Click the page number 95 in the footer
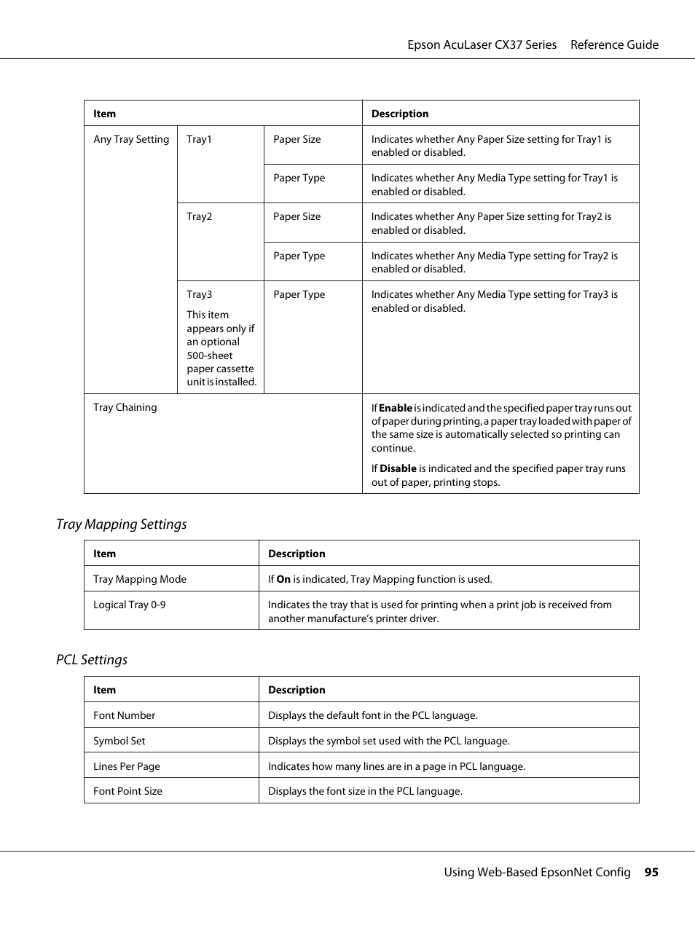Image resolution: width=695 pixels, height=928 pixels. pos(651,872)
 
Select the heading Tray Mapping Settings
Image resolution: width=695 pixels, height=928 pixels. pos(122,524)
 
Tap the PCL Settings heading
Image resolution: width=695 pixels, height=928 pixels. pos(92,660)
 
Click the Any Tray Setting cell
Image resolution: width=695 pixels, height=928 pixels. pos(131,139)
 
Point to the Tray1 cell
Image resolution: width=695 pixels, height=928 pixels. pos(199,139)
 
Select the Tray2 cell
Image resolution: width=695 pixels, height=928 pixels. pos(199,216)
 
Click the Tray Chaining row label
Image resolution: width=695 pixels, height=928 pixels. pos(125,407)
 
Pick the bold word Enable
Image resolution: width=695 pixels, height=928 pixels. pos(396,408)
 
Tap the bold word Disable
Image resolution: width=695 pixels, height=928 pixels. pos(398,468)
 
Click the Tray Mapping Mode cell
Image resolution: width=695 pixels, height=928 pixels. pos(140,579)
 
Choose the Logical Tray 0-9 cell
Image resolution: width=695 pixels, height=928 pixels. pos(130,605)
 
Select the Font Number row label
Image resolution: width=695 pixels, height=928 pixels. pos(125,715)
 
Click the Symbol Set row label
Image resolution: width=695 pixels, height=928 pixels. pos(119,741)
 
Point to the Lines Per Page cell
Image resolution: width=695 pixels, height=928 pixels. pos(127,766)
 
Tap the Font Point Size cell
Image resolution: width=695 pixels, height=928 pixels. pos(128,791)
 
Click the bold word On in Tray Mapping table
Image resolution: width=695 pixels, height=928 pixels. pos(283,579)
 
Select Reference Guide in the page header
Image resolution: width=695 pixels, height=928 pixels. pos(614,44)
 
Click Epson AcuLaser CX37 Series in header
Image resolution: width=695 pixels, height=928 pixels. pos(482,44)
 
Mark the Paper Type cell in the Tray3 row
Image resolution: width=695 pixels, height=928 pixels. pos(299,294)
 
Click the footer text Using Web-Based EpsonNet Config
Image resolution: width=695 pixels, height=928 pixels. pos(537,872)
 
